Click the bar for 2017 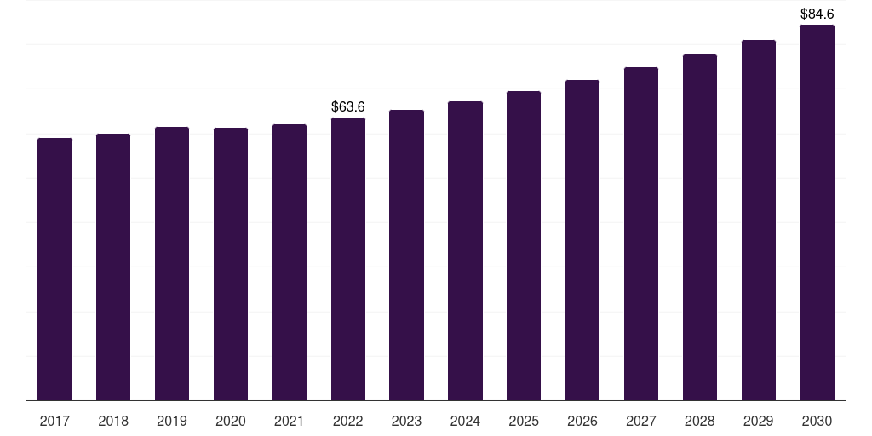point(54,268)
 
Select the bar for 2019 point(172,263)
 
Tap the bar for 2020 point(231,264)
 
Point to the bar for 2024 point(465,250)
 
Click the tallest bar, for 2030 point(817,212)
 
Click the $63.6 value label point(348,106)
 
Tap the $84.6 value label point(817,14)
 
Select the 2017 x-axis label point(54,421)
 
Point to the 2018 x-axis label point(113,421)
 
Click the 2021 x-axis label point(290,421)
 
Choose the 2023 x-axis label point(406,421)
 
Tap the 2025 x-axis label point(524,421)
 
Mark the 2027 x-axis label point(641,421)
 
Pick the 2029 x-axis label point(759,421)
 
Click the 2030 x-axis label point(817,421)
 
